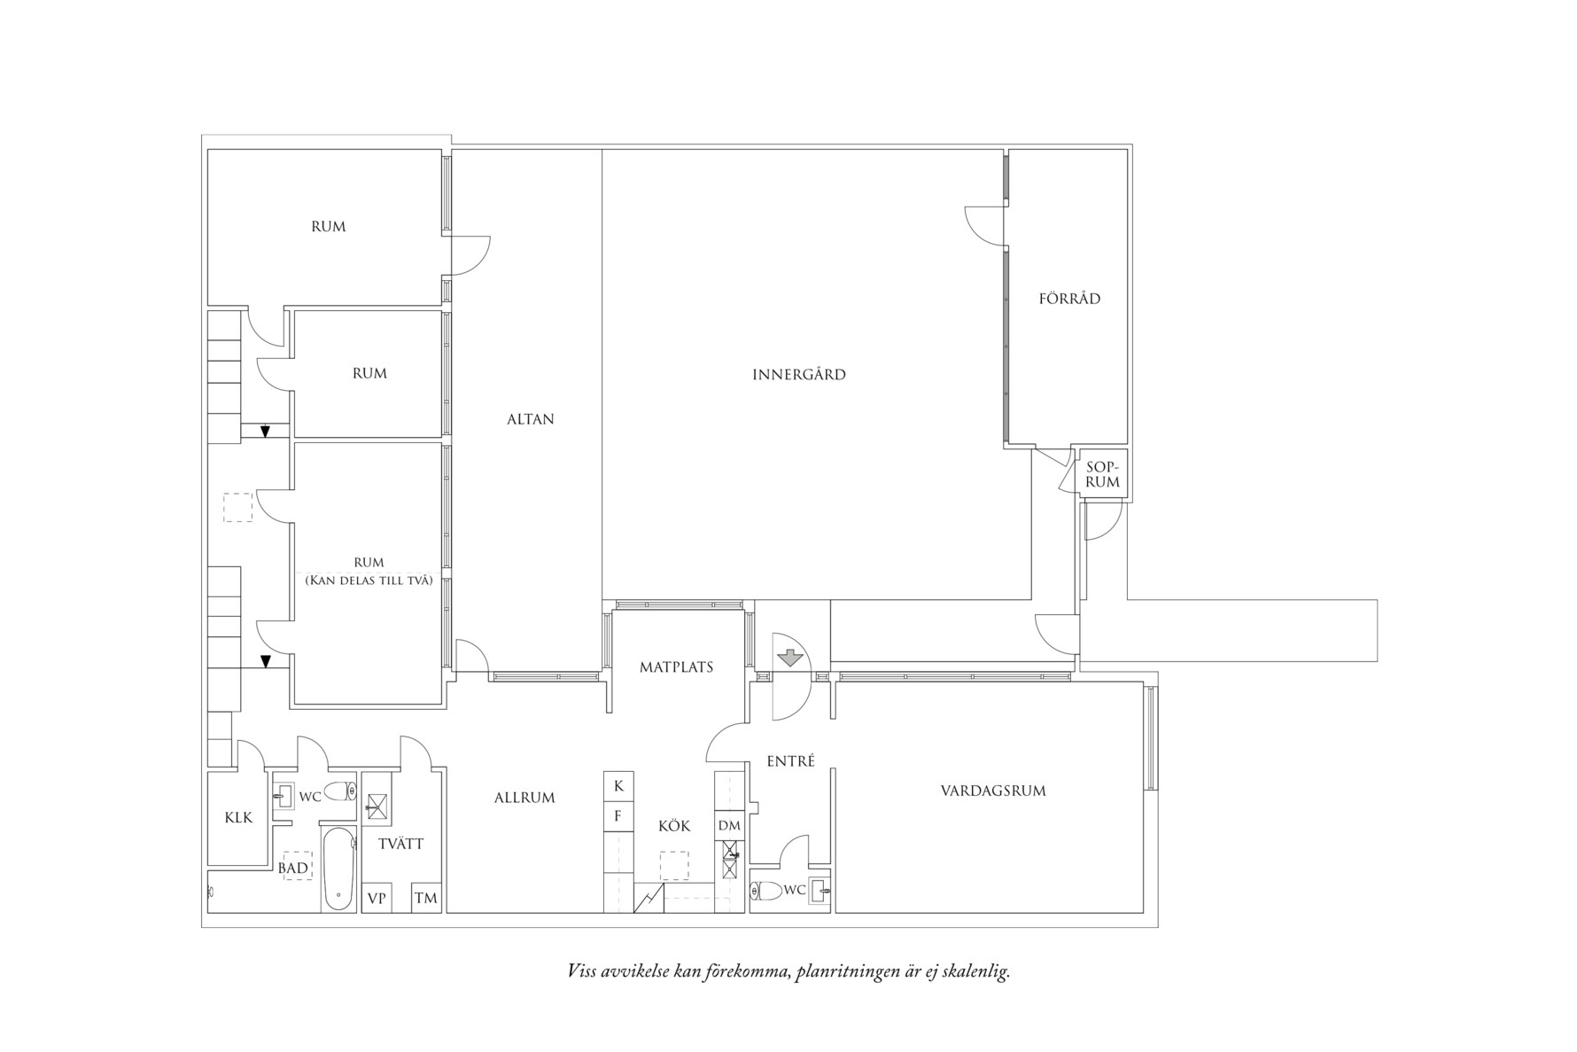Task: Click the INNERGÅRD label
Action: tap(799, 375)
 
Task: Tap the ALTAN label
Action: tap(531, 419)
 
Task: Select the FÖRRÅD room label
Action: tap(1069, 299)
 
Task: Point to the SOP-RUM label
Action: tap(1103, 475)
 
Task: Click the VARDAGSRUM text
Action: tap(993, 791)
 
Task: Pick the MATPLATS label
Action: tap(677, 667)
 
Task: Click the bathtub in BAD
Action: tap(338, 869)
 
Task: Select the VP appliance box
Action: tap(377, 898)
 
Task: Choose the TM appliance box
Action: tap(426, 898)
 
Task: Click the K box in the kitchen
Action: tap(618, 786)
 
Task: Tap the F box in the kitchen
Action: tap(618, 816)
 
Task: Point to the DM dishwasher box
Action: tap(729, 826)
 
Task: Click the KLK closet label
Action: tap(238, 818)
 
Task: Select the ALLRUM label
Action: tap(524, 798)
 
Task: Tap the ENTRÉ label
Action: tap(790, 760)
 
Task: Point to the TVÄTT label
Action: tap(401, 844)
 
